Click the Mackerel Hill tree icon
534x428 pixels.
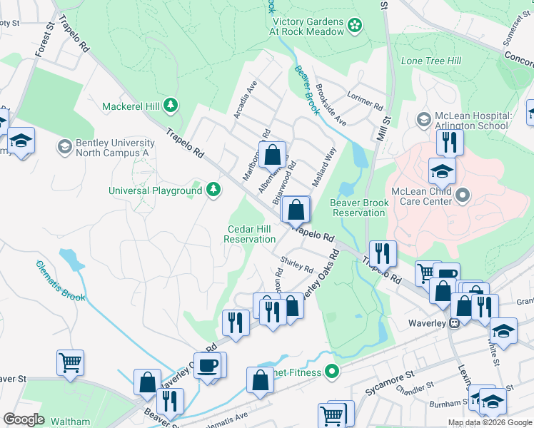click(170, 106)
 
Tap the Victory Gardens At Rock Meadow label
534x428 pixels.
click(307, 26)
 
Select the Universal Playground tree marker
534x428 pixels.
click(213, 190)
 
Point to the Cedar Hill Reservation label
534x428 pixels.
click(250, 234)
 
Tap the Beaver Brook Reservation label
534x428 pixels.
click(359, 208)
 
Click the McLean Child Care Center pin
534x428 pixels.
click(463, 194)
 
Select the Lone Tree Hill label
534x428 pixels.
click(430, 61)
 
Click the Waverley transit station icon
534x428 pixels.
click(453, 323)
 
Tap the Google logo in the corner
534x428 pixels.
click(24, 419)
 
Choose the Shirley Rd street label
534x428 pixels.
click(297, 265)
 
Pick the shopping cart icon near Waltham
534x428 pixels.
click(71, 362)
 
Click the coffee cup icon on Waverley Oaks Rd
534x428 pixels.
click(208, 365)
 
